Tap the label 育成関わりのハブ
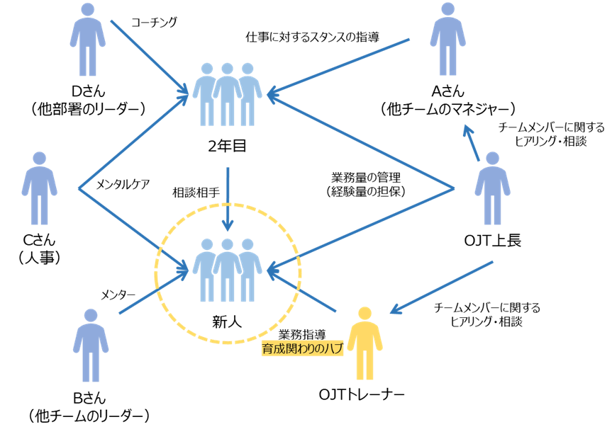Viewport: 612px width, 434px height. tap(302, 348)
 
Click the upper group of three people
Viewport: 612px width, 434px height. tap(227, 95)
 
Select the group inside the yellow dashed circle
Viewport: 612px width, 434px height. tap(227, 270)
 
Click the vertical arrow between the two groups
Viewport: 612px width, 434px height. tap(227, 198)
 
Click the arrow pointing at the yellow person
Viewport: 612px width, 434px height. tap(442, 287)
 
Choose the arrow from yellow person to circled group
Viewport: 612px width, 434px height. tap(301, 293)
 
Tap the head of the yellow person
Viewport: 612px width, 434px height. tap(365, 314)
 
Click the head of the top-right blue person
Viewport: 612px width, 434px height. tap(447, 9)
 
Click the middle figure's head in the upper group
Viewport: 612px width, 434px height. tap(227, 69)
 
